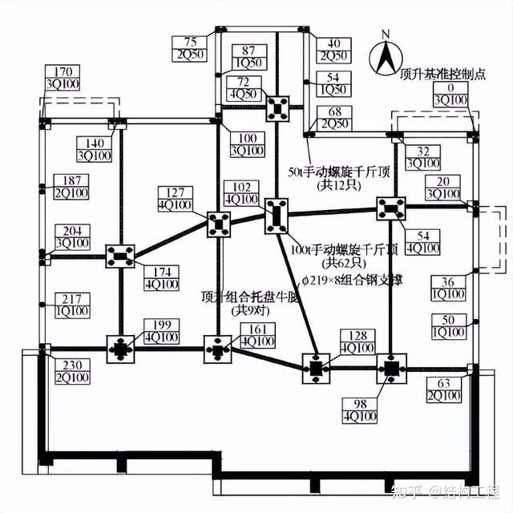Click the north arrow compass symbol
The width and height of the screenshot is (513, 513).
tap(386, 59)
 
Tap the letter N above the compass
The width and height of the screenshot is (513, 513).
tap(386, 34)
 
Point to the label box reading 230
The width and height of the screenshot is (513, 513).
tap(65, 371)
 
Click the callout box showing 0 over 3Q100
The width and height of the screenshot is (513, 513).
tap(450, 94)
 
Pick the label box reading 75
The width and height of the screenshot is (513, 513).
tap(190, 49)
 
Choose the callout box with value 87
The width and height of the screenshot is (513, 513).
tap(248, 56)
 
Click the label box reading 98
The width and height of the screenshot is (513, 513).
tap(359, 410)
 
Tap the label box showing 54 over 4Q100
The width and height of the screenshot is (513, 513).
tap(423, 241)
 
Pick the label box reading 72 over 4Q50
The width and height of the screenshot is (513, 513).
tap(244, 89)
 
